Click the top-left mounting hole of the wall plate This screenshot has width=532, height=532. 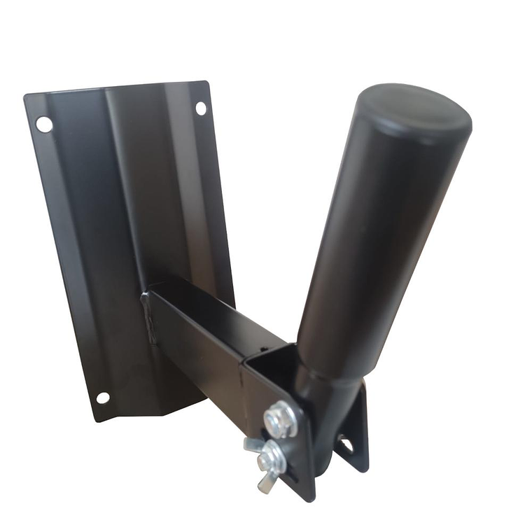point(44,125)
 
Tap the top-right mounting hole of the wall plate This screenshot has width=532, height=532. point(201,108)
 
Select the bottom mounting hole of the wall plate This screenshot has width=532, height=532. point(103,398)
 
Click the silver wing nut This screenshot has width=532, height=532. point(267,463)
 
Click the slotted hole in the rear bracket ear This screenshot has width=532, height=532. point(346,444)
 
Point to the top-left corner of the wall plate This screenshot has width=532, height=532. point(25,97)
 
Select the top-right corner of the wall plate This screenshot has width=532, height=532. point(208,83)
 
